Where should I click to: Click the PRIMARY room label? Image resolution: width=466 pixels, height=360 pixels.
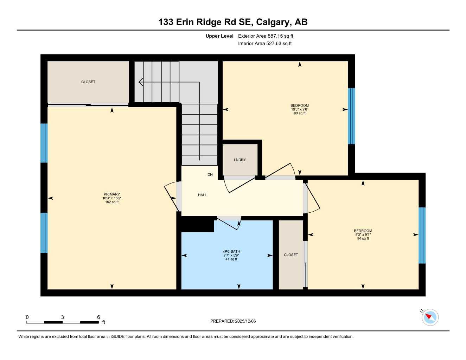(x=112, y=194)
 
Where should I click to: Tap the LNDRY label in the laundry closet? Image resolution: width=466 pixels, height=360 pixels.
(x=240, y=160)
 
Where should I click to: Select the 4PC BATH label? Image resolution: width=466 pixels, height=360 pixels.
(x=231, y=252)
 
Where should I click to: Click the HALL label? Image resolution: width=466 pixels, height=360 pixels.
(x=202, y=195)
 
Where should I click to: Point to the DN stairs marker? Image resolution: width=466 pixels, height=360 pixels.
(x=210, y=175)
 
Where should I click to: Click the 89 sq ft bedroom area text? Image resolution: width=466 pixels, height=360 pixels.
(x=300, y=113)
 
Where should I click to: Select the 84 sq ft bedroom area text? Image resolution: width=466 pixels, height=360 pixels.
(x=363, y=239)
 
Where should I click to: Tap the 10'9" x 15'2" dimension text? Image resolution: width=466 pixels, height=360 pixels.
(x=112, y=198)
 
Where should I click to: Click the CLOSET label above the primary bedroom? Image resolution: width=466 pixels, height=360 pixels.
(x=88, y=82)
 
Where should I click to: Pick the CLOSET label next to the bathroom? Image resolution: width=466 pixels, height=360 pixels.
(x=291, y=255)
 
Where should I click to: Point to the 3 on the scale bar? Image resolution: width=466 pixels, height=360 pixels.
(x=63, y=317)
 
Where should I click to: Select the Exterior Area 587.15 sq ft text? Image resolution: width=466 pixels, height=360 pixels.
(x=266, y=36)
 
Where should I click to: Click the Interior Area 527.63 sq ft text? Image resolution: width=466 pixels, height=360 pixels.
(x=265, y=44)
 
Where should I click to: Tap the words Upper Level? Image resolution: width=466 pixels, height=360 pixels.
(x=219, y=36)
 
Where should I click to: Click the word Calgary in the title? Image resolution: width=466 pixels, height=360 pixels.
(x=273, y=22)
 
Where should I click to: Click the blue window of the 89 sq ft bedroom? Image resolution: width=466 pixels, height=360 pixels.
(x=351, y=116)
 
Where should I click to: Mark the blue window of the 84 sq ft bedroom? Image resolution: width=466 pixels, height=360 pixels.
(x=422, y=235)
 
